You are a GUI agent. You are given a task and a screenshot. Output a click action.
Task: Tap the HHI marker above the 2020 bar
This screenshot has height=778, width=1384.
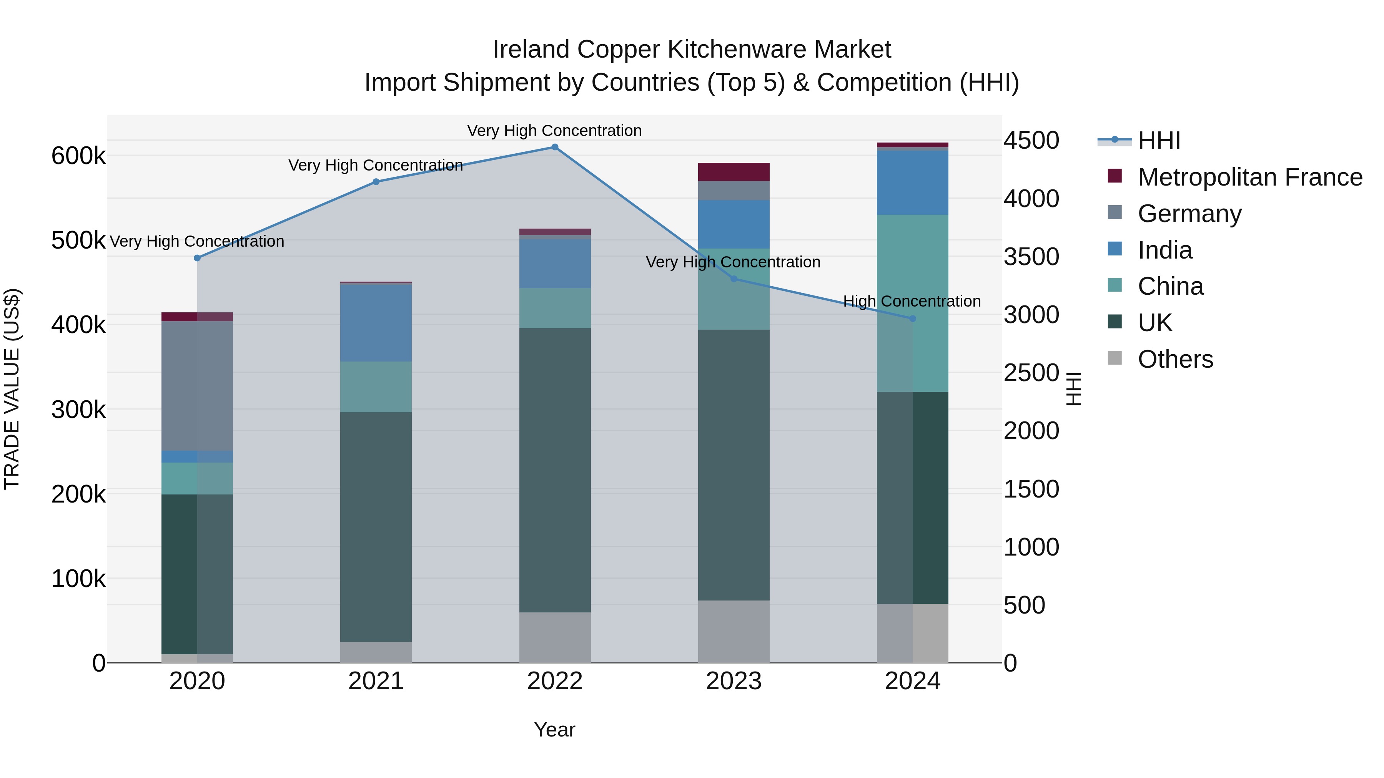pyautogui.click(x=197, y=258)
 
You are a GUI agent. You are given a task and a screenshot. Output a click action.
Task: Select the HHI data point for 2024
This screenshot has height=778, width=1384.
pyautogui.click(x=912, y=319)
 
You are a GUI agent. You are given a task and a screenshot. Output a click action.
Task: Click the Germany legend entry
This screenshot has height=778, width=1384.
pyautogui.click(x=1189, y=214)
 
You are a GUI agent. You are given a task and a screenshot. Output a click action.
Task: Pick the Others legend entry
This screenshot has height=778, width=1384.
pyautogui.click(x=1175, y=359)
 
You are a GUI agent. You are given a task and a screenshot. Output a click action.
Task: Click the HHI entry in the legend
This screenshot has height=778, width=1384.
pyautogui.click(x=1158, y=141)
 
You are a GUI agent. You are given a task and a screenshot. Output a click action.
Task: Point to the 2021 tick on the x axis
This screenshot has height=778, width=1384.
pyautogui.click(x=376, y=681)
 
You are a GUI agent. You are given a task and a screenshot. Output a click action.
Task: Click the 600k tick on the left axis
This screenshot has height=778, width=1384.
pyautogui.click(x=78, y=156)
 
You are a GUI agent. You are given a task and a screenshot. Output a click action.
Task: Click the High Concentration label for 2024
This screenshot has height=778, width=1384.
pyautogui.click(x=912, y=301)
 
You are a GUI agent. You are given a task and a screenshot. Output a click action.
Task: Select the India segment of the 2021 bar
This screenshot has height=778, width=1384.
pyautogui.click(x=376, y=323)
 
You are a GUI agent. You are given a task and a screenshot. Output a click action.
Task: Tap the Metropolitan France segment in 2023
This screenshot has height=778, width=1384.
pyautogui.click(x=734, y=172)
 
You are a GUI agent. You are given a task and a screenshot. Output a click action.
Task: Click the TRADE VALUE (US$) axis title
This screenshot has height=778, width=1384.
pyautogui.click(x=12, y=389)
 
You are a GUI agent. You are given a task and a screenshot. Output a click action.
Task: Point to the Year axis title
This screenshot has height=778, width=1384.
pyautogui.click(x=554, y=730)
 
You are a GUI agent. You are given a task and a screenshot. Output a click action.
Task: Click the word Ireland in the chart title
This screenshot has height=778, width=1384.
pyautogui.click(x=531, y=50)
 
